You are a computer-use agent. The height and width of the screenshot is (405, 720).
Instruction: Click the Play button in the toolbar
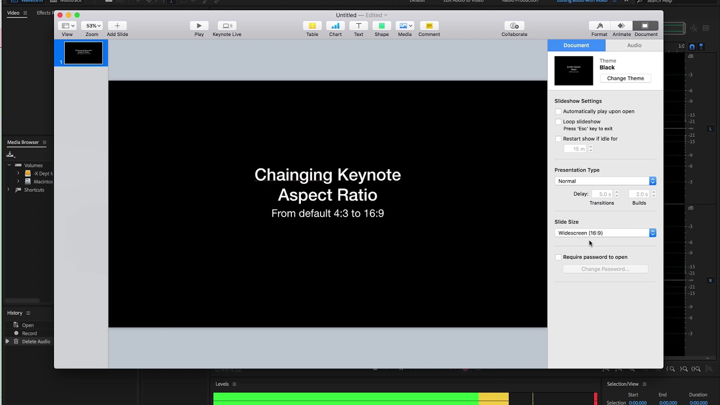pyautogui.click(x=199, y=26)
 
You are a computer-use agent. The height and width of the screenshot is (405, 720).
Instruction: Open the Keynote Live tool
pyautogui.click(x=227, y=26)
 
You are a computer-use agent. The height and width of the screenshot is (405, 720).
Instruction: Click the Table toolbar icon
pyautogui.click(x=312, y=26)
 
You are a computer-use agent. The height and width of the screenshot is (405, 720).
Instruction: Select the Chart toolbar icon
pyautogui.click(x=335, y=26)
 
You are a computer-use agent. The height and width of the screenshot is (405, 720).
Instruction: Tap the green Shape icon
pyautogui.click(x=381, y=26)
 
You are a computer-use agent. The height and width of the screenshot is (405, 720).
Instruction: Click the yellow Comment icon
pyautogui.click(x=429, y=26)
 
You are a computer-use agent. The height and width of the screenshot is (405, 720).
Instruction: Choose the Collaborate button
pyautogui.click(x=514, y=26)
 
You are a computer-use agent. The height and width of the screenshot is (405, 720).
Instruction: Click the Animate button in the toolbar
pyautogui.click(x=621, y=26)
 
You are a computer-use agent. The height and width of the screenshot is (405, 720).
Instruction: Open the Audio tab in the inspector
pyautogui.click(x=634, y=46)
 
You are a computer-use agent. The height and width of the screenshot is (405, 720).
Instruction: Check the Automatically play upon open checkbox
pyautogui.click(x=558, y=111)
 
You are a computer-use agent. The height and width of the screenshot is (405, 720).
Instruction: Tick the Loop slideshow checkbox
pyautogui.click(x=558, y=121)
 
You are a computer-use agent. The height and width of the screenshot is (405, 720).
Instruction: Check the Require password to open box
pyautogui.click(x=558, y=257)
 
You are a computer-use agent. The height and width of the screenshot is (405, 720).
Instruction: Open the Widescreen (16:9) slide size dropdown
pyautogui.click(x=605, y=233)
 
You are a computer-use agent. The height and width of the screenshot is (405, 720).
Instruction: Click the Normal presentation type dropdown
pyautogui.click(x=605, y=181)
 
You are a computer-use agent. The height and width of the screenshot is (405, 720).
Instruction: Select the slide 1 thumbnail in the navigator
pyautogui.click(x=83, y=53)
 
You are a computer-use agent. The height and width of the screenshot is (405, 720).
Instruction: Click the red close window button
pyautogui.click(x=60, y=15)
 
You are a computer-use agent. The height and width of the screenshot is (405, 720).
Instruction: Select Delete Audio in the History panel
pyautogui.click(x=36, y=341)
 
